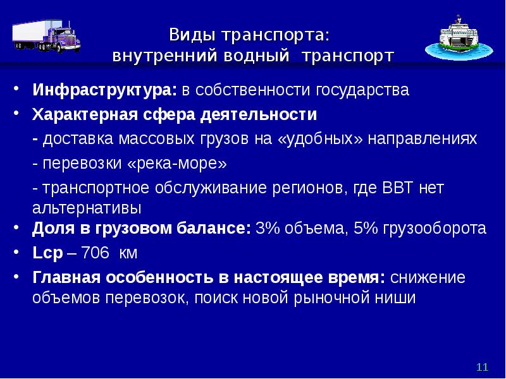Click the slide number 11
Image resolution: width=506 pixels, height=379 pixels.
(x=483, y=368)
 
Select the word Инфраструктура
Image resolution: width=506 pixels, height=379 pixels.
(x=104, y=90)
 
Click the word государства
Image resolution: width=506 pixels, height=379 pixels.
(x=359, y=90)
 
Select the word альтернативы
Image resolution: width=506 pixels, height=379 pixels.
(x=87, y=207)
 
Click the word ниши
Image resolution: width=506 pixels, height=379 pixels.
(x=399, y=298)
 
